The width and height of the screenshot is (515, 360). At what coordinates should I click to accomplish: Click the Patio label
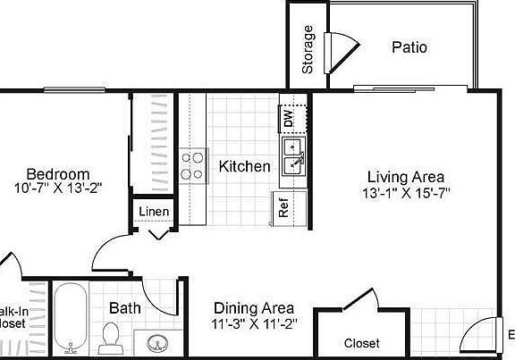point(409,46)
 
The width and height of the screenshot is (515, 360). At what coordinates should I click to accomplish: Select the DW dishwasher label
point(289,117)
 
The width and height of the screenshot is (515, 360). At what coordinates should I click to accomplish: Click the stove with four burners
point(192,166)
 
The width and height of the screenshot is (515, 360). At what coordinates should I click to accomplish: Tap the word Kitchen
point(244,166)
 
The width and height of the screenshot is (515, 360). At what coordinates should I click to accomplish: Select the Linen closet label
point(154,213)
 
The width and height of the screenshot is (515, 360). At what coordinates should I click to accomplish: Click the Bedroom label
point(57,174)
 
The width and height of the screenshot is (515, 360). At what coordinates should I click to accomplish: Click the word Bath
point(125,308)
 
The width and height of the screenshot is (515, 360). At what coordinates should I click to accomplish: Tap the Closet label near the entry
point(361,343)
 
